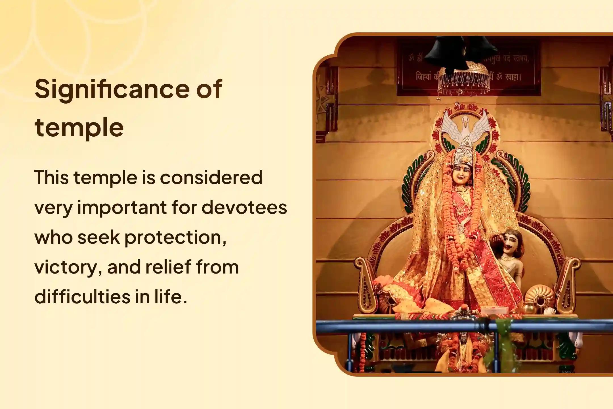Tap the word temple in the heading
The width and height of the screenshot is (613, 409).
pyautogui.click(x=79, y=128)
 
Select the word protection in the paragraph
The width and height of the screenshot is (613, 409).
pyautogui.click(x=173, y=237)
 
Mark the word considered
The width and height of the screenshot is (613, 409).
pyautogui.click(x=211, y=178)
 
